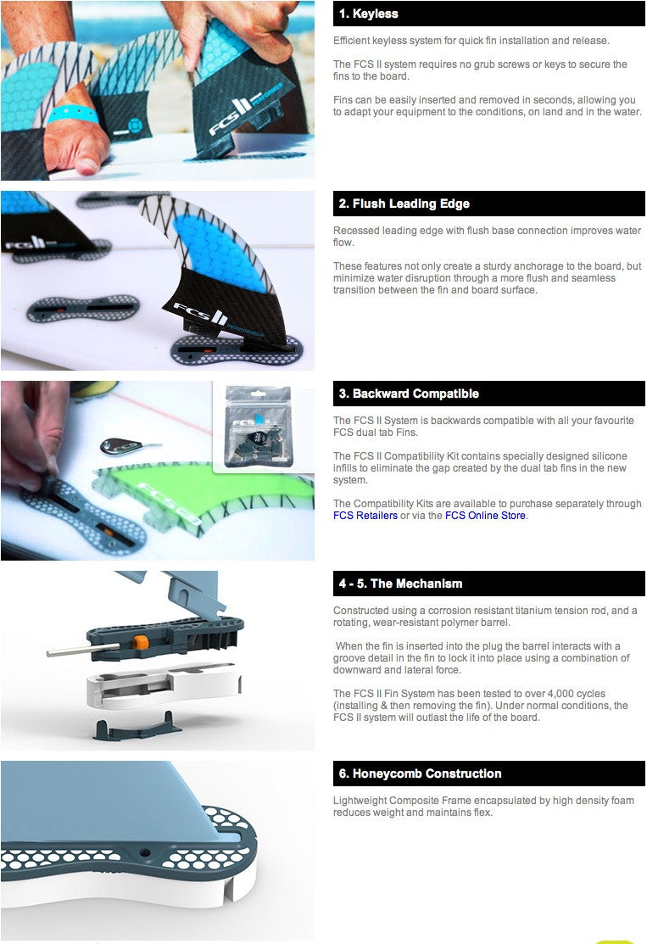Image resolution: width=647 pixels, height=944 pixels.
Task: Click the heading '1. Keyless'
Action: pos(368,14)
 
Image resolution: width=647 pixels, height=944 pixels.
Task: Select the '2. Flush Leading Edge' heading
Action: pos(404,204)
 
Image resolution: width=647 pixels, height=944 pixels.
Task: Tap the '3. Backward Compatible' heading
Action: pos(409,394)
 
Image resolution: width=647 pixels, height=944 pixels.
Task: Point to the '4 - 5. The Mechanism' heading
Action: pos(400,584)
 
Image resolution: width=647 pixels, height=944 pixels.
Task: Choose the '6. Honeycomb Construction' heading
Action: pos(420,773)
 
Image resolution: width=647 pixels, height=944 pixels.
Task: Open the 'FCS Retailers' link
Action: pos(365,516)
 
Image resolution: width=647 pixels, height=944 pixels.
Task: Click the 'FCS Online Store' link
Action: pos(485,516)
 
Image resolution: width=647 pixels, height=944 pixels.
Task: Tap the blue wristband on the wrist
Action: pos(71,113)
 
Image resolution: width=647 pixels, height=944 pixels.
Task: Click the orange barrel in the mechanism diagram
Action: pos(140,642)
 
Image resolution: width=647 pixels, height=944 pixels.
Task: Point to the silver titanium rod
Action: pos(83,649)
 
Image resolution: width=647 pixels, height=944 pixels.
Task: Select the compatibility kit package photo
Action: pos(258,427)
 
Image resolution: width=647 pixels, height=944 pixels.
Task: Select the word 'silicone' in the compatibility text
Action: pos(608,456)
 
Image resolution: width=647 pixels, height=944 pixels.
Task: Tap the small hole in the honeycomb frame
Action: pos(144,853)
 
